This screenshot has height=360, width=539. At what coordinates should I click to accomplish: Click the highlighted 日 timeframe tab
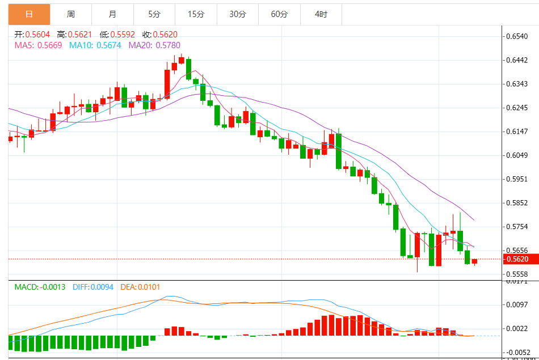29,14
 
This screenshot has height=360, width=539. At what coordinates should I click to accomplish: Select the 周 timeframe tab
71,14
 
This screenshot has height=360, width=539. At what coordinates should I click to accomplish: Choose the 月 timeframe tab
112,14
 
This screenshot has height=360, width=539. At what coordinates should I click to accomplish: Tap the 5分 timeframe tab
154,14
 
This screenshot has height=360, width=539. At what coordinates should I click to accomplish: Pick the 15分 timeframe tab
196,14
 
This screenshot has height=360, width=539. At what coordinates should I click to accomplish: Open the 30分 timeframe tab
238,14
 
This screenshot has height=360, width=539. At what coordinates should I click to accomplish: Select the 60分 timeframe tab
279,14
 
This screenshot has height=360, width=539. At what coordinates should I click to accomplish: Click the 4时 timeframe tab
321,14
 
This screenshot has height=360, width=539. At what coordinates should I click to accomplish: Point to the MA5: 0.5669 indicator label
39,45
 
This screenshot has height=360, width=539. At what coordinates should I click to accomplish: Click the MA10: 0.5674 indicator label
95,45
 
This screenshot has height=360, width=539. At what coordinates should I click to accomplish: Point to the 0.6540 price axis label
517,36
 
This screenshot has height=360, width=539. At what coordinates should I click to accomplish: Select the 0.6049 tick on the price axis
517,155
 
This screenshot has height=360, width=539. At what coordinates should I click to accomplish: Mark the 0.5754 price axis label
517,227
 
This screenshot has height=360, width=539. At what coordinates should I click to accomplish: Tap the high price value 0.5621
80,35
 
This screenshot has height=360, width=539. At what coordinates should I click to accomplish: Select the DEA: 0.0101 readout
141,287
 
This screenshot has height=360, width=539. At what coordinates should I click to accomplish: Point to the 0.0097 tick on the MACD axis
517,305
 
